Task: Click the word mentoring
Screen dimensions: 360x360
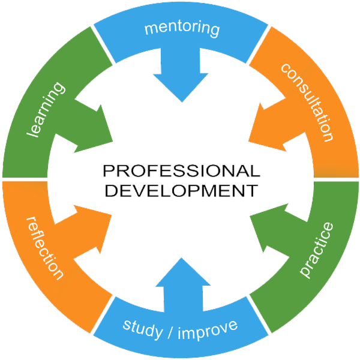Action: pos(182,28)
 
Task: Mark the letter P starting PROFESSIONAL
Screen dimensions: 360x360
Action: pos(109,171)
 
